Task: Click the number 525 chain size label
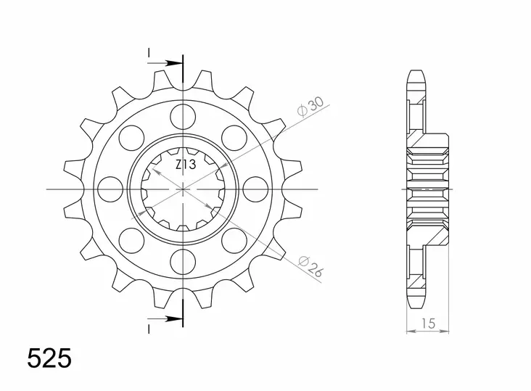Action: (x=49, y=359)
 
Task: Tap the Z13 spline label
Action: (x=184, y=165)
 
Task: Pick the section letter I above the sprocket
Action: (x=149, y=53)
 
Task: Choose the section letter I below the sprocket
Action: (x=149, y=328)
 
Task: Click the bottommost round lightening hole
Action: (x=183, y=260)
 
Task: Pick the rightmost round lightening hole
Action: (x=255, y=189)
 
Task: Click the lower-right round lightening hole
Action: (x=234, y=239)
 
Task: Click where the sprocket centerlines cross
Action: (x=183, y=189)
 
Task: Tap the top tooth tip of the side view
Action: (x=416, y=73)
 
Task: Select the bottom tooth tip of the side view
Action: (x=416, y=304)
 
